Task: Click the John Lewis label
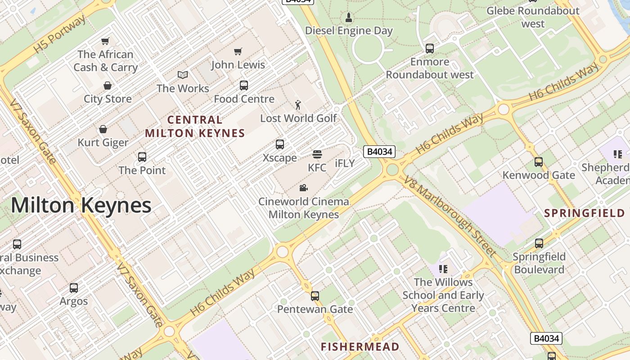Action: click(x=238, y=65)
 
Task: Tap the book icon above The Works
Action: click(x=183, y=75)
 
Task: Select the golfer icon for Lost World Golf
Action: click(x=298, y=105)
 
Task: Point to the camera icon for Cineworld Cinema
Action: click(x=303, y=188)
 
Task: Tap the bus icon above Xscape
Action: click(x=280, y=144)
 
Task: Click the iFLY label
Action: click(x=345, y=163)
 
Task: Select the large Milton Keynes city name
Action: click(x=81, y=206)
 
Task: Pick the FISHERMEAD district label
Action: click(x=360, y=346)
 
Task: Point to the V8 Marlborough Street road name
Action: click(x=450, y=216)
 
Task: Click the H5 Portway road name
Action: click(x=59, y=34)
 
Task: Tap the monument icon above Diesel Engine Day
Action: click(x=348, y=18)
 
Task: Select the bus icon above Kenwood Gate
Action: click(x=539, y=162)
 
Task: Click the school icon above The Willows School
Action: click(x=443, y=269)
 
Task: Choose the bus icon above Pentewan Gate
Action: click(x=315, y=296)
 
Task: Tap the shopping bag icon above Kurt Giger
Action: click(x=103, y=130)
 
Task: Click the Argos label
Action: click(x=74, y=301)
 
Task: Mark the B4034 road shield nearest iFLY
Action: click(x=379, y=152)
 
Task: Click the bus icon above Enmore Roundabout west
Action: click(x=430, y=49)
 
